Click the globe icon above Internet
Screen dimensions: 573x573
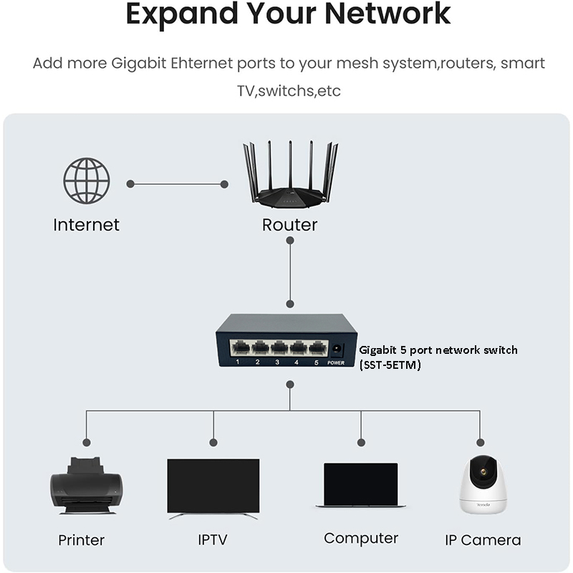(x=86, y=181)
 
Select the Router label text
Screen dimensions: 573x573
(x=289, y=225)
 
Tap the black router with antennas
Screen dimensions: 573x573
(x=290, y=175)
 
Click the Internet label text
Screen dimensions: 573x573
(x=86, y=225)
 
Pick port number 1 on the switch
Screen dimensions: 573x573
(x=241, y=349)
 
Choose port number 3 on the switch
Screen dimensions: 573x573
(x=279, y=349)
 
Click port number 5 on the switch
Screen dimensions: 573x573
(x=317, y=349)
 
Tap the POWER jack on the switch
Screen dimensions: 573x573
(x=336, y=350)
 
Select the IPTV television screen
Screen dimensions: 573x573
(x=213, y=486)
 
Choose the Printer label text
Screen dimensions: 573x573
(x=81, y=540)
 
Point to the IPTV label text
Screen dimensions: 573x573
(x=213, y=539)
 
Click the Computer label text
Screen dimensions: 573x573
(x=360, y=538)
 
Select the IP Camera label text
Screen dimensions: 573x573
(x=482, y=540)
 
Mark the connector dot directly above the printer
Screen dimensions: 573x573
(x=87, y=442)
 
